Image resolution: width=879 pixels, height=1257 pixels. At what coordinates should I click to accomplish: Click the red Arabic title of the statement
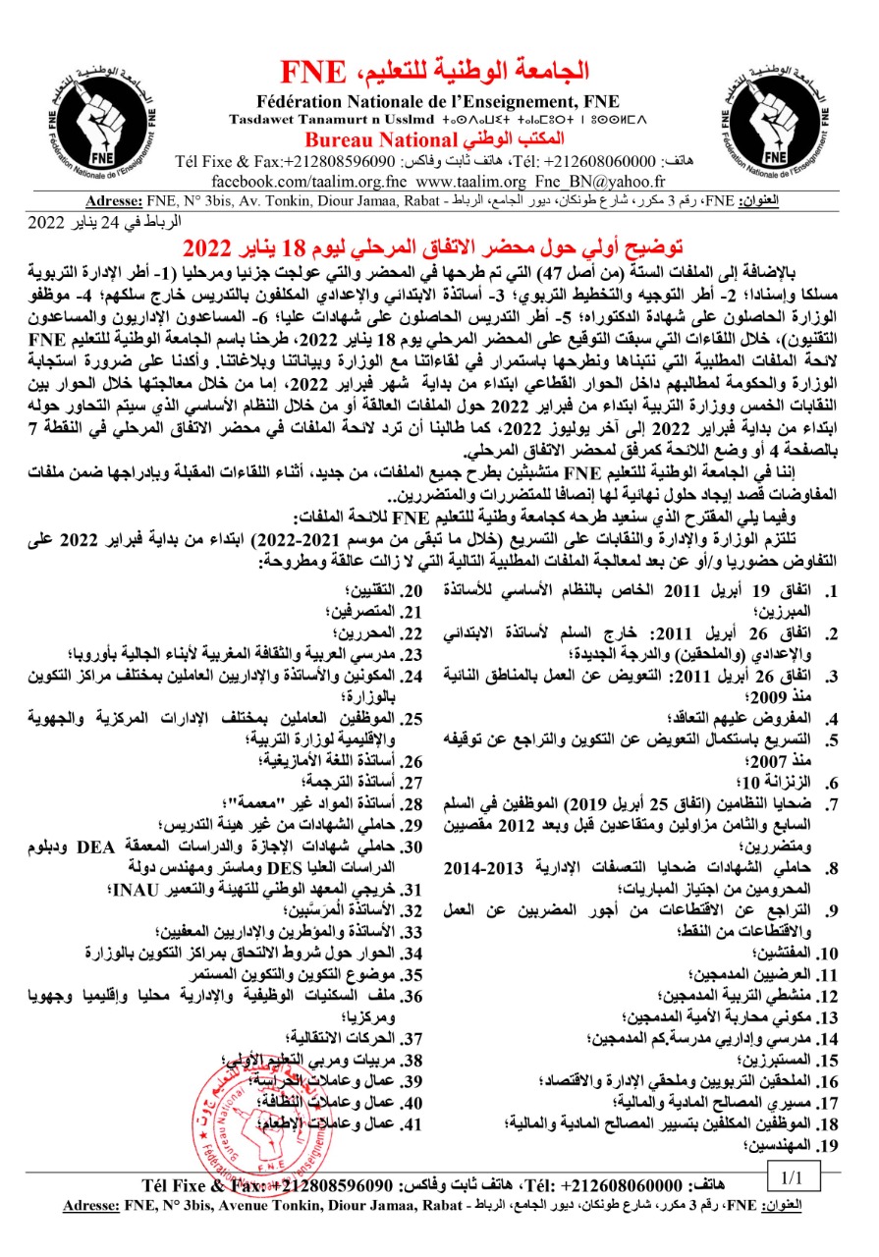coord(439,244)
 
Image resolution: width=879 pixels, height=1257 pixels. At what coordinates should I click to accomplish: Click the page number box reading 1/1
coord(794,1175)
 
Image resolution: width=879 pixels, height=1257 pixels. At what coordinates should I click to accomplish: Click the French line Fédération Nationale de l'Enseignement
coord(439,99)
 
